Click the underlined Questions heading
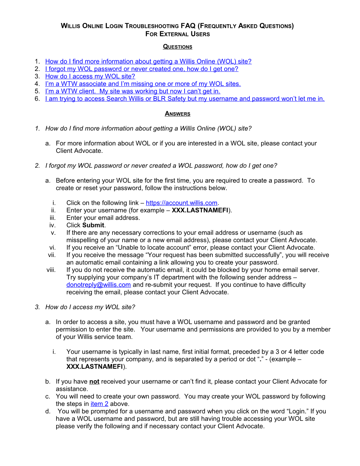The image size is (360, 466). tap(178, 47)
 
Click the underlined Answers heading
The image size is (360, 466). tap(178, 114)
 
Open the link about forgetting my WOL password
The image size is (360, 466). tap(142, 69)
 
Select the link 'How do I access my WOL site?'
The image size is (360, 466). tap(90, 76)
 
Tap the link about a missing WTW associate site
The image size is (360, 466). tap(143, 84)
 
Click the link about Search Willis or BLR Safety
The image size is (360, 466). tap(185, 98)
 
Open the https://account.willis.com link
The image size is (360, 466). tap(181, 203)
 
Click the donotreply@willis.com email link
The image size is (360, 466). tap(98, 285)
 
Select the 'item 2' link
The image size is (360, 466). tap(99, 404)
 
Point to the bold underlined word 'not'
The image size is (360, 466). tap(94, 382)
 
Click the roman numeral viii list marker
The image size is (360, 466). tap(51, 270)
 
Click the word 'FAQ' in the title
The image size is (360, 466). tap(188, 26)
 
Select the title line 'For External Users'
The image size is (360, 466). tap(178, 34)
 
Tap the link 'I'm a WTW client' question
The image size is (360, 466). tap(132, 91)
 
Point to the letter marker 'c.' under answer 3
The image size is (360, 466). tap(48, 396)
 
